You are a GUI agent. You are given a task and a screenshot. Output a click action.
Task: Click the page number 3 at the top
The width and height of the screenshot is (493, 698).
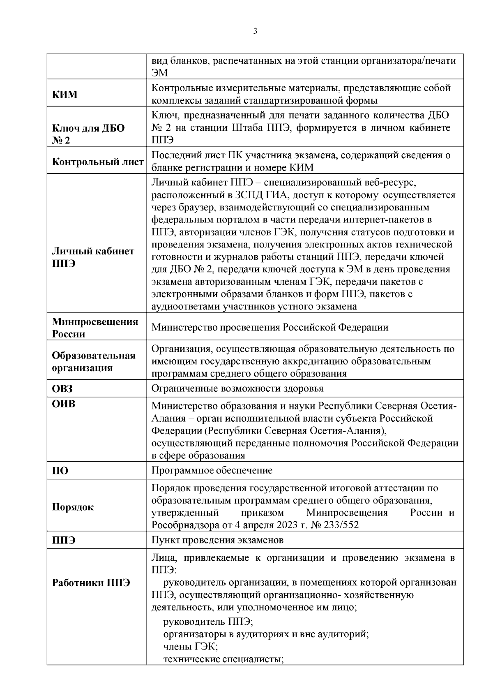[255, 32]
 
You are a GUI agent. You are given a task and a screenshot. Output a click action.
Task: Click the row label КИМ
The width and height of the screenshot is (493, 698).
[65, 95]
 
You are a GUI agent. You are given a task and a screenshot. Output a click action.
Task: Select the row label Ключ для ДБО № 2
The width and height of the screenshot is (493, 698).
[88, 134]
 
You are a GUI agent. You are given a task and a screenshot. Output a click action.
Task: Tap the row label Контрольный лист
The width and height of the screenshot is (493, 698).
[98, 162]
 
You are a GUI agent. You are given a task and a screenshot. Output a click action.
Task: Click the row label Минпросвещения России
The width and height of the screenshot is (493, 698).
[95, 328]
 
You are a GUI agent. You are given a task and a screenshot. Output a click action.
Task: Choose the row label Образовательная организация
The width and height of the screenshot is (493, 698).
[94, 361]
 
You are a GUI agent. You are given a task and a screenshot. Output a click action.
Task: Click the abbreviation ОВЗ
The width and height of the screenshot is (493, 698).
[62, 388]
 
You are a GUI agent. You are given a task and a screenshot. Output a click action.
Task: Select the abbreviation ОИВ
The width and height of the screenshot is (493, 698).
[64, 404]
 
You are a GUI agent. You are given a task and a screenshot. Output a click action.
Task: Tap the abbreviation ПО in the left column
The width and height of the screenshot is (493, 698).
[60, 471]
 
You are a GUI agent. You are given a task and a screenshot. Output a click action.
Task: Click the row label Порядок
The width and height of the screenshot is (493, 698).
[73, 507]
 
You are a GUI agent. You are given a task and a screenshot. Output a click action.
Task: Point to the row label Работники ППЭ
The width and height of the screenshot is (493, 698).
[91, 582]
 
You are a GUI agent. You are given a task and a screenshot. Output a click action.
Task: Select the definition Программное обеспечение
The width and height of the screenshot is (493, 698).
[212, 470]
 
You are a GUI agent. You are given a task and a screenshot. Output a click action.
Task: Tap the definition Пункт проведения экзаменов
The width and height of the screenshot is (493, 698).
[217, 540]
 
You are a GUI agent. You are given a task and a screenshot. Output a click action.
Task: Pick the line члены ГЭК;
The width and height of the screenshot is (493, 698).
[190, 647]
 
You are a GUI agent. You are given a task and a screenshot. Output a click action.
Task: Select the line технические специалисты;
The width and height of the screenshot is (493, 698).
[224, 659]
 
